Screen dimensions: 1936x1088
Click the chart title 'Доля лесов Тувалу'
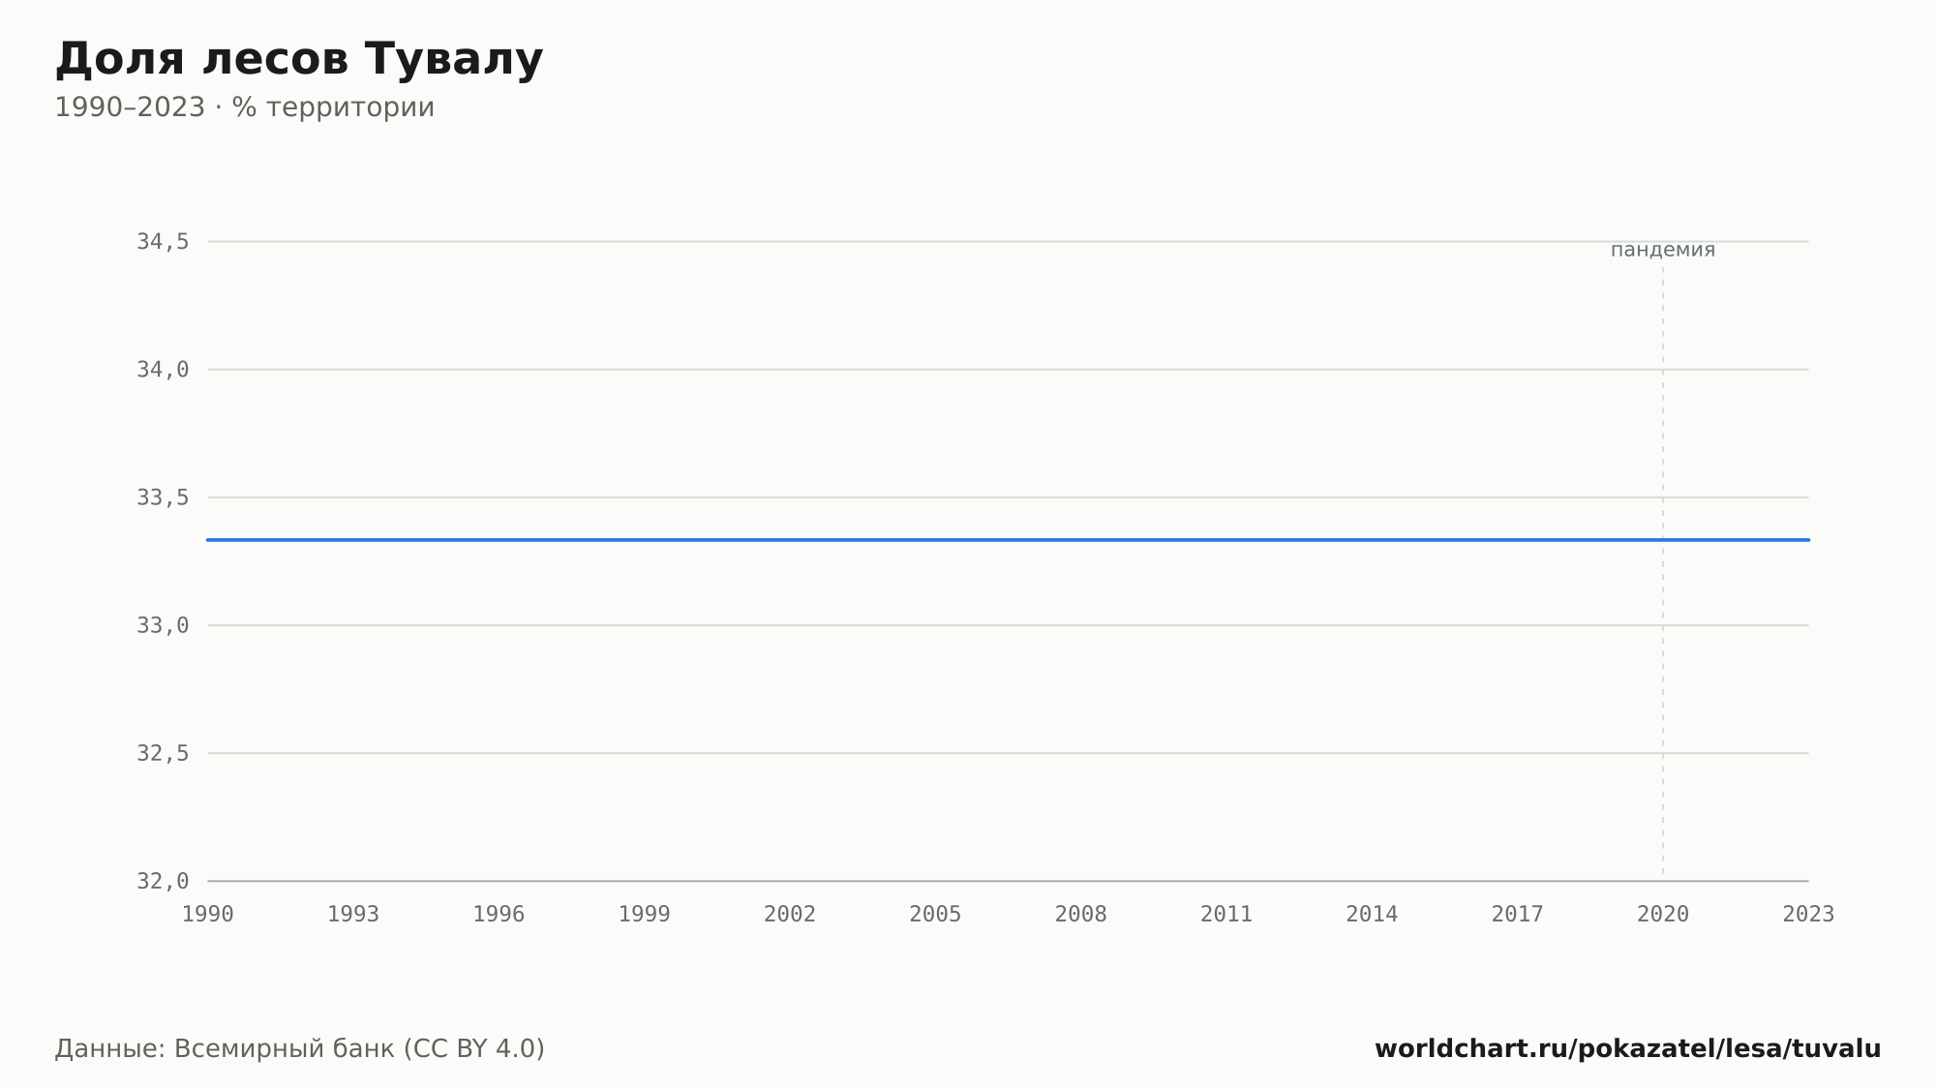(x=299, y=60)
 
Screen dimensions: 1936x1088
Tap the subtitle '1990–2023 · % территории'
(x=244, y=107)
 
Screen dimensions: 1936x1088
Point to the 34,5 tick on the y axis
(x=163, y=242)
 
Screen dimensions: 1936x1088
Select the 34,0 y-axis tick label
(x=163, y=370)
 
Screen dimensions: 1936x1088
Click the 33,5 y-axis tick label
(x=163, y=498)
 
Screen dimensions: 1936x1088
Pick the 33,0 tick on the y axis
(x=163, y=625)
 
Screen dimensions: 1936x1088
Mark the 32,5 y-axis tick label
(x=163, y=753)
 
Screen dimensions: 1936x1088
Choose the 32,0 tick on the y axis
(x=163, y=881)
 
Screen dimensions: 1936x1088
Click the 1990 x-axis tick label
(x=208, y=915)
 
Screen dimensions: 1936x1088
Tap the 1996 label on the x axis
(x=499, y=915)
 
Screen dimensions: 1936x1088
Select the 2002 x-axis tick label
(x=790, y=915)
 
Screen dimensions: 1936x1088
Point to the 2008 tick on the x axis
(x=1081, y=915)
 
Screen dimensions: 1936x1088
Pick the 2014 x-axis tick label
(x=1372, y=915)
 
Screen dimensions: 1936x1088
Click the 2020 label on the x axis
(x=1663, y=915)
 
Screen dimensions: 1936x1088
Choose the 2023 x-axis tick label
(x=1808, y=915)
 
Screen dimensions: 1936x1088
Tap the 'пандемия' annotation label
(x=1663, y=250)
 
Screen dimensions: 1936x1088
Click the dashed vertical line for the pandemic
(x=1663, y=571)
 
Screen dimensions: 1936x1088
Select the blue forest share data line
(x=1008, y=540)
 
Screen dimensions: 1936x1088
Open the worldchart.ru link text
(x=1628, y=1049)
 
